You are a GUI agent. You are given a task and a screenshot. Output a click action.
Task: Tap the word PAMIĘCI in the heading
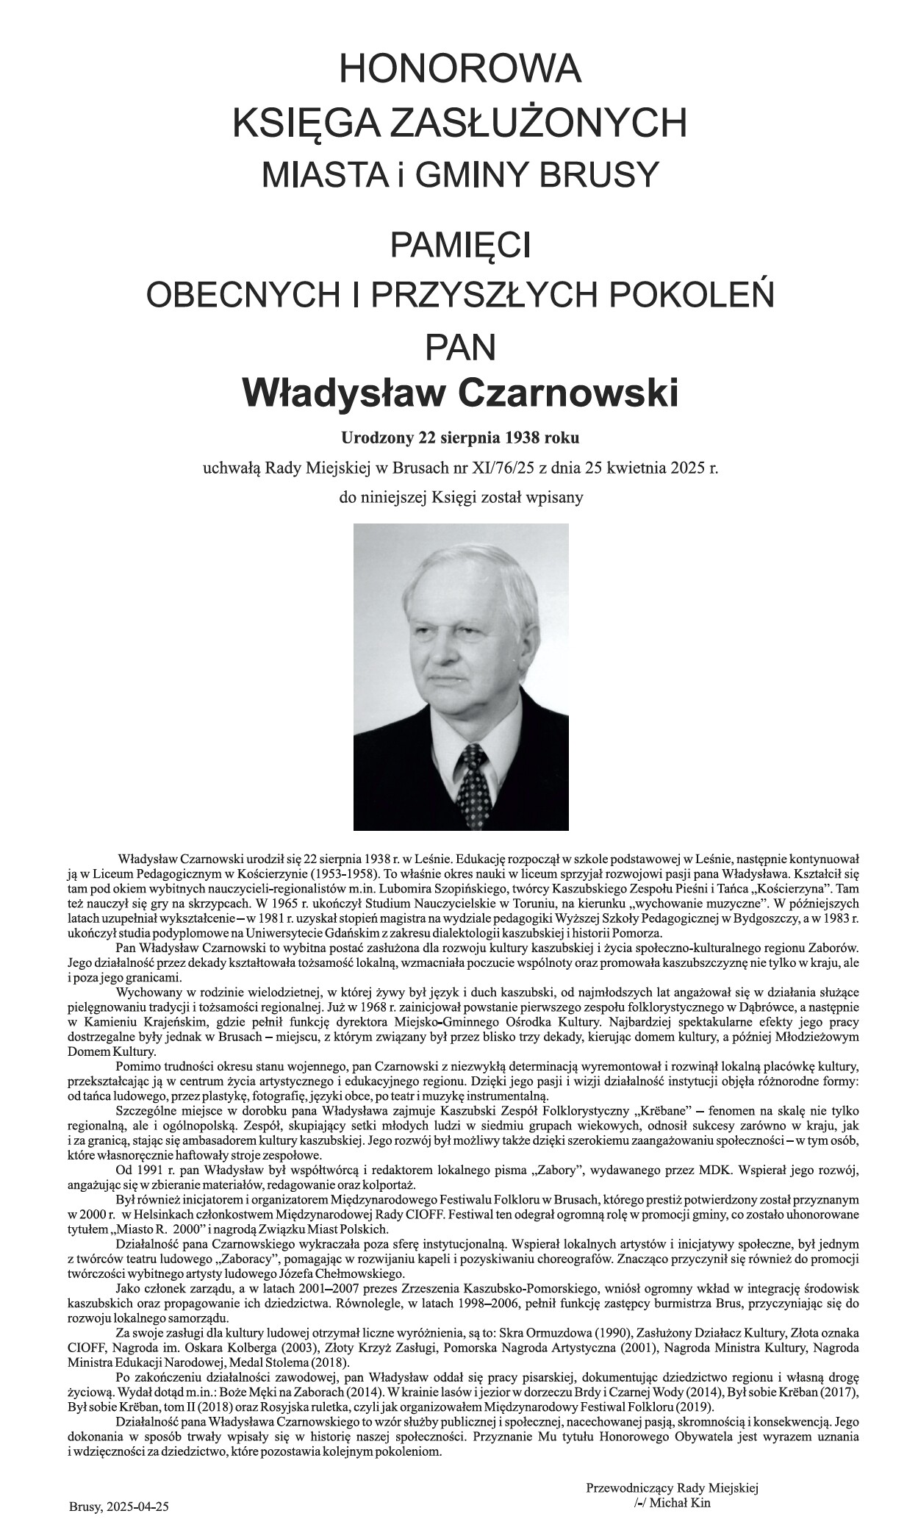click(x=459, y=245)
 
